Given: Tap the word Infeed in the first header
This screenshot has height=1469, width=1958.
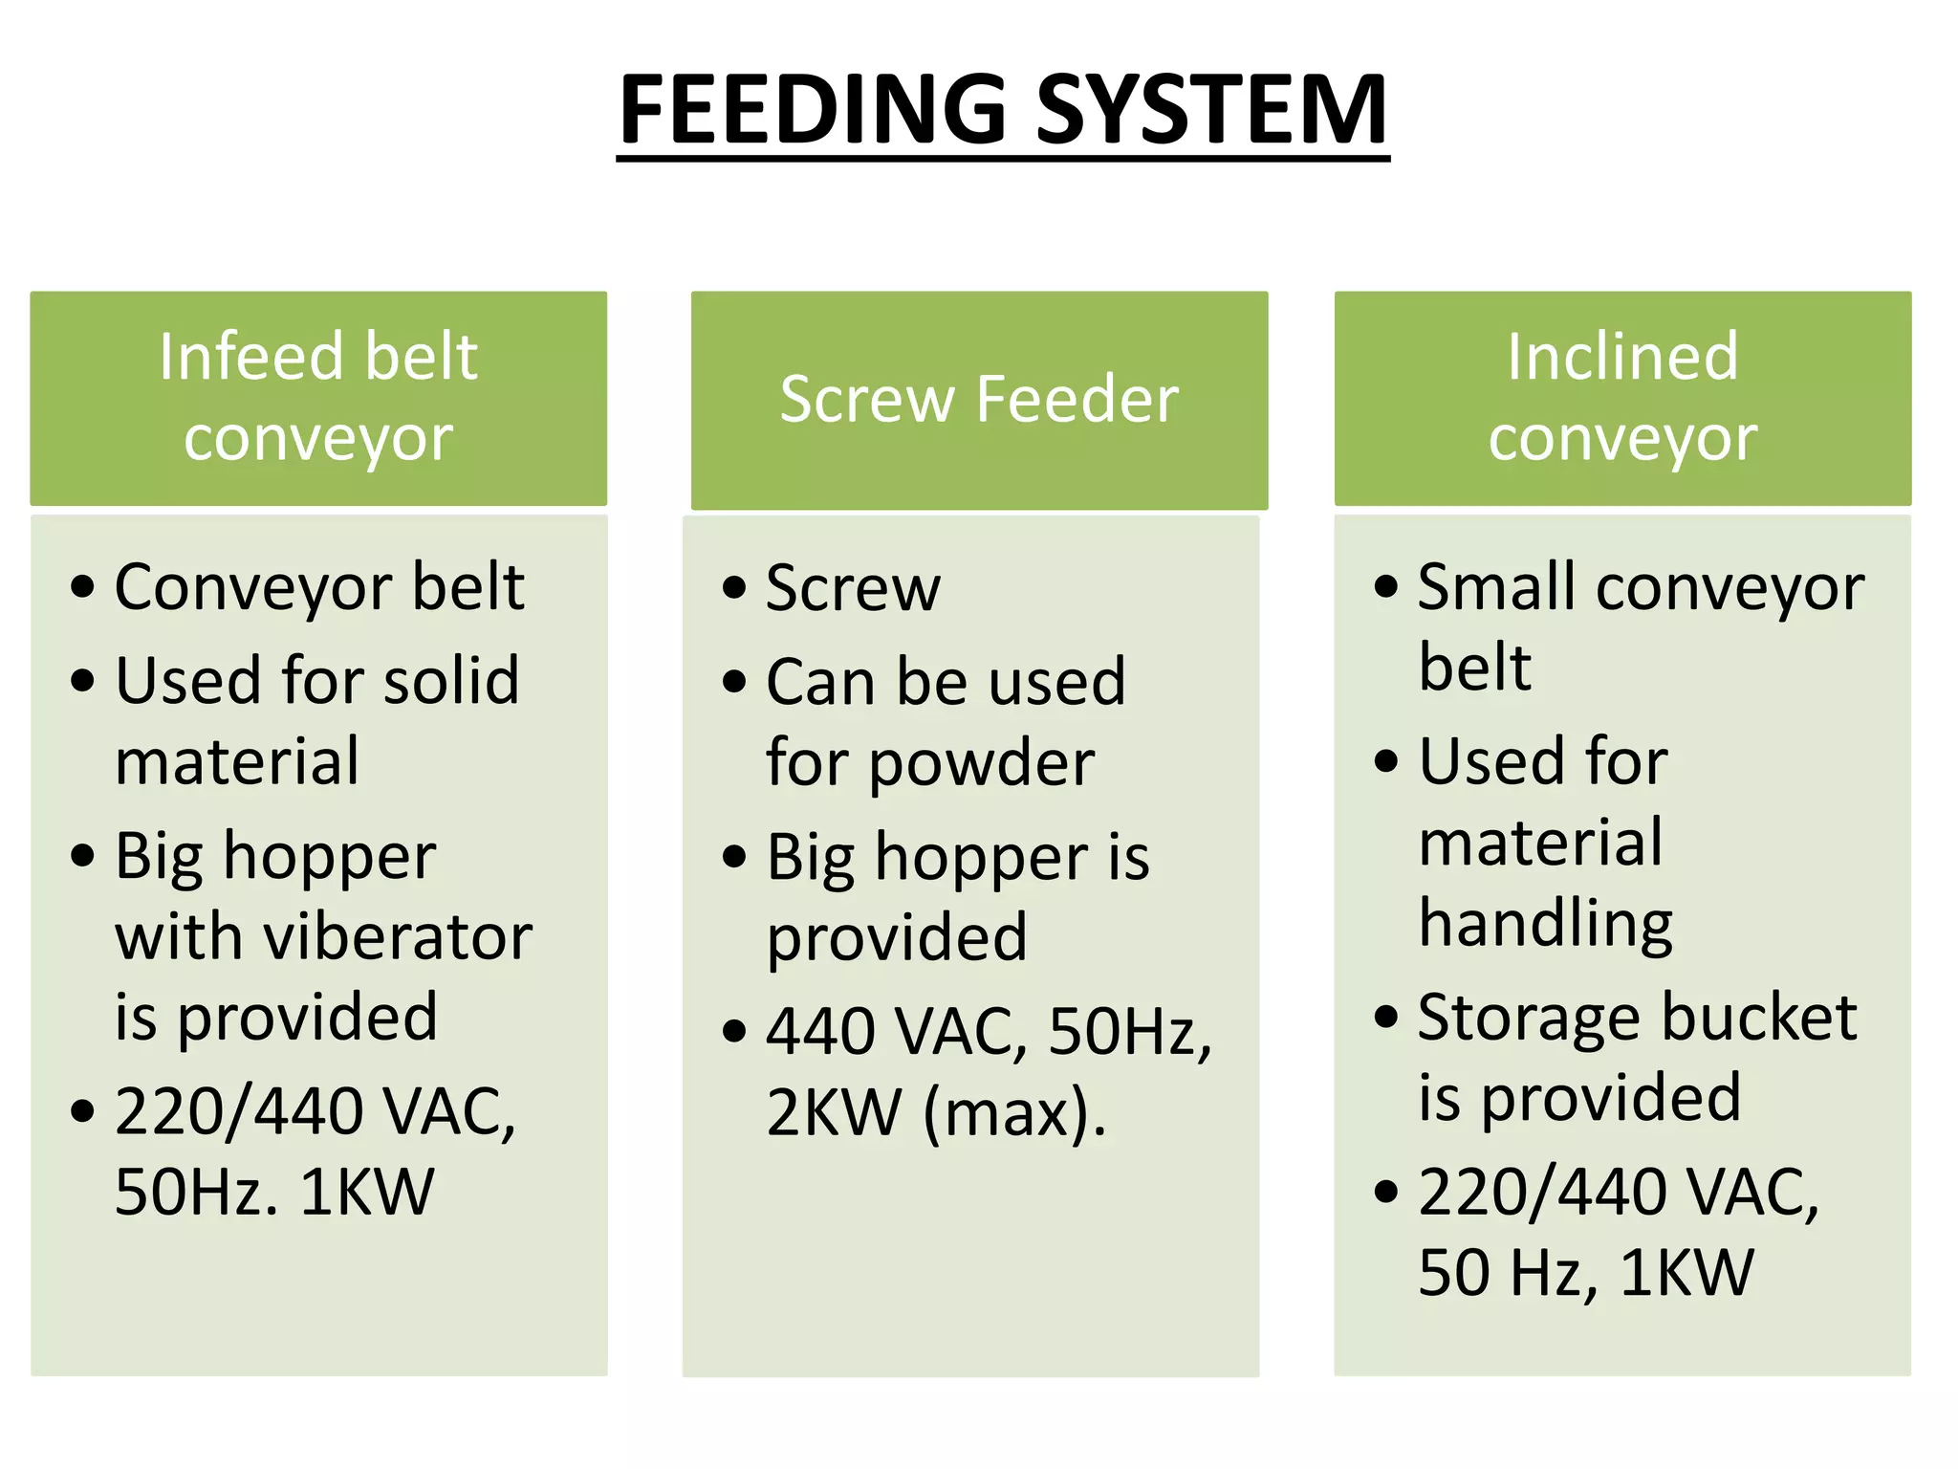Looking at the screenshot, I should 249,357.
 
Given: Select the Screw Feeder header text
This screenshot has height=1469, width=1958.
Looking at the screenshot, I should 979,399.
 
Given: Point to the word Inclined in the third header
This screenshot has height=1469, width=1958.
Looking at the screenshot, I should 1622,357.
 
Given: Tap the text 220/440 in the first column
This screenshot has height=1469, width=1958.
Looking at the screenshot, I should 238,1111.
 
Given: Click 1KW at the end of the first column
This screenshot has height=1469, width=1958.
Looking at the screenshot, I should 367,1193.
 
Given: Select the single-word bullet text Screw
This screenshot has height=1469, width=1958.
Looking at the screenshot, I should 853,587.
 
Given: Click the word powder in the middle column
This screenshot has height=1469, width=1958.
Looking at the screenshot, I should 982,764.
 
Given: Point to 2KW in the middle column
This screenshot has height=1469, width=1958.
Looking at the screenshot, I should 834,1113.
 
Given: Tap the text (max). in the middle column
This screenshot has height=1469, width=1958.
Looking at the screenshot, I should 1014,1113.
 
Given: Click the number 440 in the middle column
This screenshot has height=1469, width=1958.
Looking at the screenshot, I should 820,1032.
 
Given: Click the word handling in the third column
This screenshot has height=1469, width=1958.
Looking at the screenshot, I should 1545,923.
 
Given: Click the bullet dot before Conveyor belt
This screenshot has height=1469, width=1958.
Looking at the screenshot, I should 83,586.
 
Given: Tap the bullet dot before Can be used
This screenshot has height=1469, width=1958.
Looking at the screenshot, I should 734,682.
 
